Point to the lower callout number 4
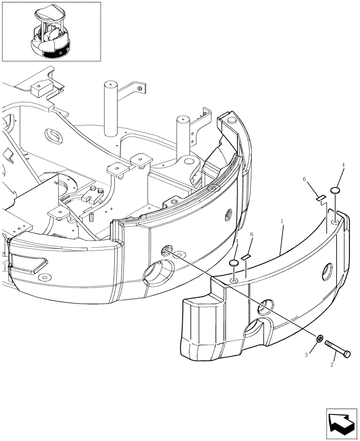point(237,242)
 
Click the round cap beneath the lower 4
point(234,264)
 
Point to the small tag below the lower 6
point(246,256)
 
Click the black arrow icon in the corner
point(342,423)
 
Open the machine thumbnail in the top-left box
point(51,31)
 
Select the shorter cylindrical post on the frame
point(183,137)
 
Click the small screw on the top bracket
point(140,89)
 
